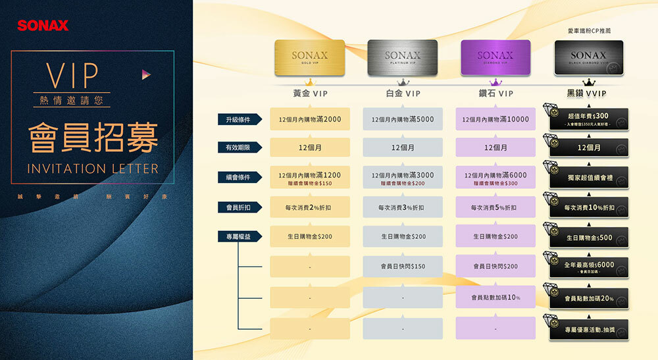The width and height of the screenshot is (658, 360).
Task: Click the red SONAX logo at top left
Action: tap(43, 26)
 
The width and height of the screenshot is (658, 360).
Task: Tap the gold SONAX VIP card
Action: tap(309, 58)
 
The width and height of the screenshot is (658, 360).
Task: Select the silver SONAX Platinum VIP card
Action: tap(402, 58)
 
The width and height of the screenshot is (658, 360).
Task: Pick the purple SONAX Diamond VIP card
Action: tap(495, 58)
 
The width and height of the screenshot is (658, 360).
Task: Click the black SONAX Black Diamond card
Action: tap(588, 58)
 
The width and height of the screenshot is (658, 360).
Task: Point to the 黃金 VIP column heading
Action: tap(310, 94)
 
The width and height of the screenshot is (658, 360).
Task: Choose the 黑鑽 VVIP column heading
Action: tap(587, 94)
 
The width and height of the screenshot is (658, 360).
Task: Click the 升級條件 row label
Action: tap(238, 120)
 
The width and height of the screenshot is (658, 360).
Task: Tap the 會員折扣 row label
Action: tap(238, 208)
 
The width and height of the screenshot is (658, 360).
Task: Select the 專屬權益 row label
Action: tap(238, 236)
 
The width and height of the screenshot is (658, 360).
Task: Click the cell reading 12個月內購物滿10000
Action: tap(495, 120)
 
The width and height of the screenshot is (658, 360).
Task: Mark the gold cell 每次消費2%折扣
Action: tap(309, 208)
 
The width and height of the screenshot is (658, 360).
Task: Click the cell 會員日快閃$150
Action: tap(402, 266)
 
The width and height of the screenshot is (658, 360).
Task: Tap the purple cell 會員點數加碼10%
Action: tap(495, 297)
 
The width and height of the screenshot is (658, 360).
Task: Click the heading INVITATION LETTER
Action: tap(93, 169)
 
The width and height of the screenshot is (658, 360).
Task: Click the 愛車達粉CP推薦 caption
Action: tap(589, 31)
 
